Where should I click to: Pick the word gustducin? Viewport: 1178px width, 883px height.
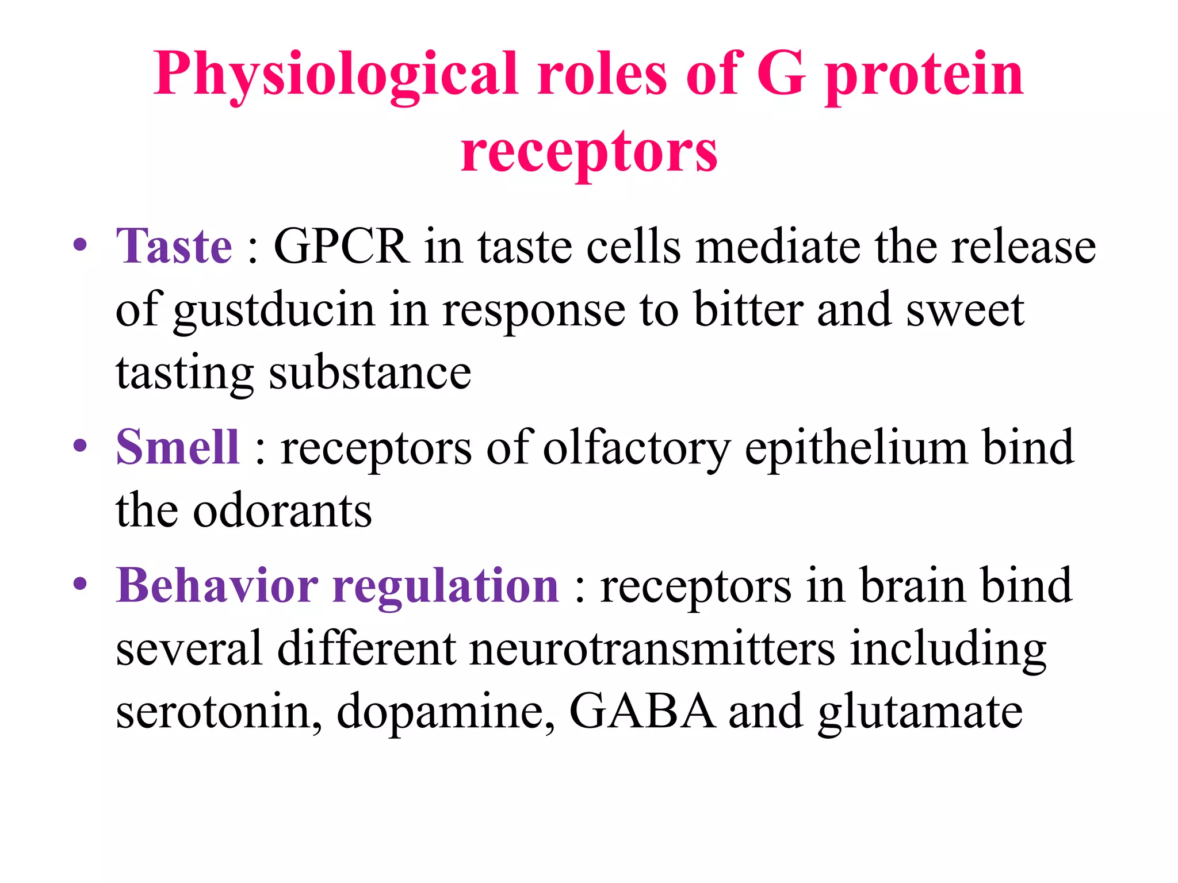[x=274, y=310]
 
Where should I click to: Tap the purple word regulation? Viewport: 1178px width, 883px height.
[x=446, y=586]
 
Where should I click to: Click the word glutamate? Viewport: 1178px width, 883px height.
[x=920, y=713]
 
